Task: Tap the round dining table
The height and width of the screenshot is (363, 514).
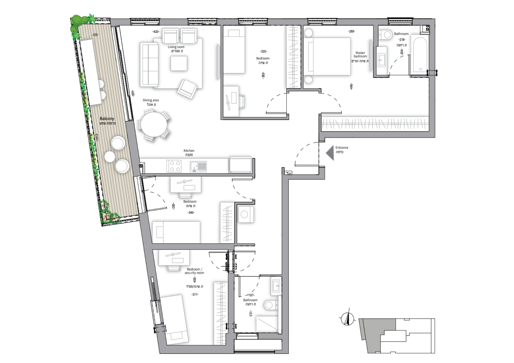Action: [153, 125]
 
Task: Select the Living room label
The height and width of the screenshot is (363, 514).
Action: [176, 47]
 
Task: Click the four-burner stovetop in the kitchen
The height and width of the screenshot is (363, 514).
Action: [174, 166]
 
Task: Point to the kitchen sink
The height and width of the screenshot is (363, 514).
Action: [198, 166]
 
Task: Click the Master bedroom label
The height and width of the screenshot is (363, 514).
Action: [360, 54]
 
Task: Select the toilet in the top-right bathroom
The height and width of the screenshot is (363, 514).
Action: [385, 34]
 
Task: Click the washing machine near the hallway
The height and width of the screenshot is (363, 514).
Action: [246, 214]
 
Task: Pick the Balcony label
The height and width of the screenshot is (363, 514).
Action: [107, 119]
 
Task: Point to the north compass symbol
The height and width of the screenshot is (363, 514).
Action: [347, 319]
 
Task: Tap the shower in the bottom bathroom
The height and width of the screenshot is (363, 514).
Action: [267, 324]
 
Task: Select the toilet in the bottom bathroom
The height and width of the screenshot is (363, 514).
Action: [271, 305]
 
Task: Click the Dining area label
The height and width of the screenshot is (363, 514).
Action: [151, 100]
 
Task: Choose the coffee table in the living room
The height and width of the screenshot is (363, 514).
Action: [179, 63]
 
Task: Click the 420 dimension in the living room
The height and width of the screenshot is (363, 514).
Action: [156, 32]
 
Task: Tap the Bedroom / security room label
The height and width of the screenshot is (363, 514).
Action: [194, 271]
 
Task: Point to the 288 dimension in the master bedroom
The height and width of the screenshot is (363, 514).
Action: [351, 31]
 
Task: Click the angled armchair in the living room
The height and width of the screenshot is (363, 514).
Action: [187, 89]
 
